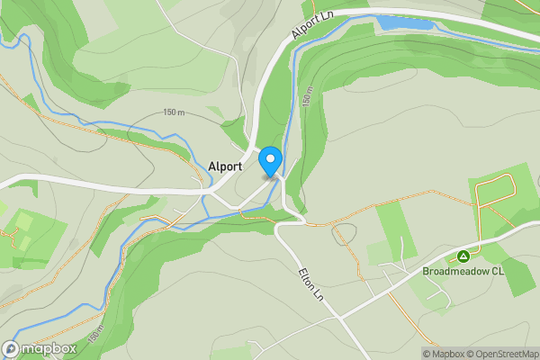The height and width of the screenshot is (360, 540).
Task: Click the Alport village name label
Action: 225,166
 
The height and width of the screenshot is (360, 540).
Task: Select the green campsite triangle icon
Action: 463,256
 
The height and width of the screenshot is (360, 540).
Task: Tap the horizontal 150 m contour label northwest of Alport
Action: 174,112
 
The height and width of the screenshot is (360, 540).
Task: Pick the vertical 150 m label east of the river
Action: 308,97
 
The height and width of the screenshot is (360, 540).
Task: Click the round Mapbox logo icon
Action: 12,348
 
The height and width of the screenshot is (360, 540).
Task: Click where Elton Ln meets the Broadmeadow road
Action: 341,318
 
